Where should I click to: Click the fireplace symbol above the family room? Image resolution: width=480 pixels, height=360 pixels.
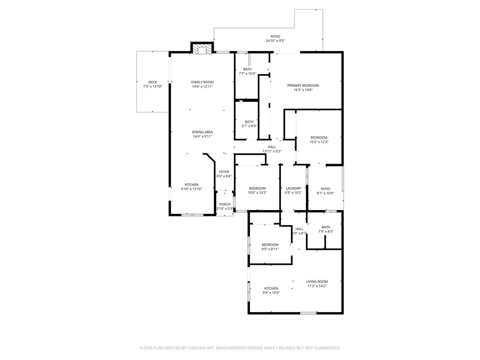(x=202, y=49)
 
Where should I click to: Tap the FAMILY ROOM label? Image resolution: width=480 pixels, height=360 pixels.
(x=202, y=82)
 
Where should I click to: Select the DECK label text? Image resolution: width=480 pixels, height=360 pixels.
(x=152, y=82)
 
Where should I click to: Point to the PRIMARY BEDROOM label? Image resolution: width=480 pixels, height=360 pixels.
(x=303, y=85)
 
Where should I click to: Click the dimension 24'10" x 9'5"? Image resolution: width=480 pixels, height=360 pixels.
(x=275, y=41)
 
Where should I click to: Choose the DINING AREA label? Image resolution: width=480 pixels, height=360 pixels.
(x=202, y=132)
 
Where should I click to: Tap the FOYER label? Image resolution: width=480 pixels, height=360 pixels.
(x=224, y=172)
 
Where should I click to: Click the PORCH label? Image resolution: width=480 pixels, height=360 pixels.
(x=225, y=204)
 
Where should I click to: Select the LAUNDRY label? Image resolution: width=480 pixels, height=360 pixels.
(x=293, y=188)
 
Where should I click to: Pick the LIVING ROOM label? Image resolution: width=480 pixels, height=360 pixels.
(x=317, y=281)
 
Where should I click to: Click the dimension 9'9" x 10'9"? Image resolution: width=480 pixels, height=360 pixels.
(x=271, y=292)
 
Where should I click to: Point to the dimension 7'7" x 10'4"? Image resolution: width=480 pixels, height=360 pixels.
(x=247, y=74)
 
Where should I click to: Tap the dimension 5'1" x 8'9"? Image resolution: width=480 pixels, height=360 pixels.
(x=249, y=126)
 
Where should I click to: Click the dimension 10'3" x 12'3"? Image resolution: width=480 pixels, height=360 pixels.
(x=319, y=142)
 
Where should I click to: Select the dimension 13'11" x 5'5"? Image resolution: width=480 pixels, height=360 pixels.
(x=272, y=151)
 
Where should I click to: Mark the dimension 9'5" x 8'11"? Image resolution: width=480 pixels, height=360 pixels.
(x=270, y=249)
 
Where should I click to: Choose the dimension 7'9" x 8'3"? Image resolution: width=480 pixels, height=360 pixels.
(x=325, y=231)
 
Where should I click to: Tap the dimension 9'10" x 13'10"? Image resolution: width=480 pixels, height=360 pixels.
(x=191, y=189)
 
